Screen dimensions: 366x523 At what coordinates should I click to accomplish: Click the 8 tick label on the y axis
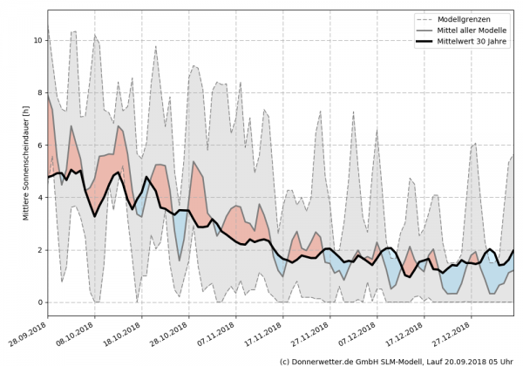(38, 92)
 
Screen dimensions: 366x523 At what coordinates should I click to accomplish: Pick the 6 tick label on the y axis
(38, 145)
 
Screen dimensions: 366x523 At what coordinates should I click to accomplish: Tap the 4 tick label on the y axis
(38, 198)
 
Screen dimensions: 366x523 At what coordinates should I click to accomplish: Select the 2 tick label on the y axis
(38, 250)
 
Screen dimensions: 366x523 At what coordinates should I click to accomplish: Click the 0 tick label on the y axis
(38, 302)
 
